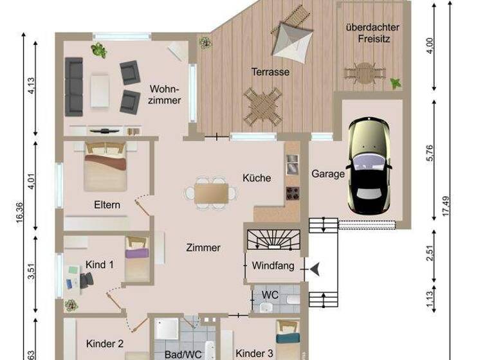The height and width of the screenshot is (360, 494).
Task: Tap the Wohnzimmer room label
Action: click(x=165, y=94)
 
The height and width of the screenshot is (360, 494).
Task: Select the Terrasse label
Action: click(x=270, y=72)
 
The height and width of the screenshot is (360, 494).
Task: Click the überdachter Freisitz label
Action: click(x=372, y=33)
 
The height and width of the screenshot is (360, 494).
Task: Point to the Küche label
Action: click(x=257, y=178)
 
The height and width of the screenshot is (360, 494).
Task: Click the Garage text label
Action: click(x=328, y=174)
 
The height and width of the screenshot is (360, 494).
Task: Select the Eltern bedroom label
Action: click(x=107, y=205)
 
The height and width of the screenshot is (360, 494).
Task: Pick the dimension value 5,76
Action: click(x=430, y=152)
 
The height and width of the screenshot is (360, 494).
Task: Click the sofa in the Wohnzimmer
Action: click(x=75, y=85)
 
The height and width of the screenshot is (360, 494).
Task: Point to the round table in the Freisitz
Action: click(x=363, y=72)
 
